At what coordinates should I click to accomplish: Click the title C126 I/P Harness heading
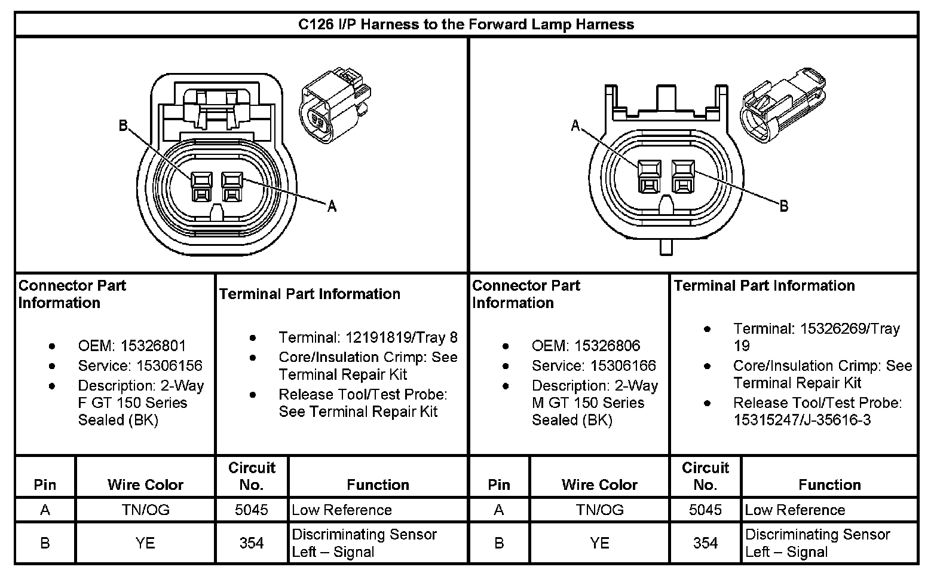[x=466, y=25]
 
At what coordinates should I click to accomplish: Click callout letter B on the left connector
[x=123, y=126]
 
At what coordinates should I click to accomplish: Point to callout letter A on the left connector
[x=332, y=206]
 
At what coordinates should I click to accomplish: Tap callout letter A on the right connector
[x=575, y=126]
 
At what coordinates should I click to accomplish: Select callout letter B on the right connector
[x=783, y=206]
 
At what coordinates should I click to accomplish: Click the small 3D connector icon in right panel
[x=783, y=108]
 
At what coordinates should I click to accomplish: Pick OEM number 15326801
[x=153, y=346]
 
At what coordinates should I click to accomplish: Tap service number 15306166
[x=623, y=365]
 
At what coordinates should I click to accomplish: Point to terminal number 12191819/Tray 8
[x=401, y=337]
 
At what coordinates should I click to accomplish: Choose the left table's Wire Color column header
[x=145, y=484]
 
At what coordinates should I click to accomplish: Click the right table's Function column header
[x=829, y=484]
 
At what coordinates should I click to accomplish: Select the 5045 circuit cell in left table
[x=252, y=510]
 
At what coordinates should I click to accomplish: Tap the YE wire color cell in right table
[x=599, y=543]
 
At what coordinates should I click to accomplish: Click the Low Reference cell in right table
[x=795, y=510]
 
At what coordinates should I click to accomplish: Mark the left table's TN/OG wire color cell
[x=145, y=510]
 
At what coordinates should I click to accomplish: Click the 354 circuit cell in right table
[x=705, y=543]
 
